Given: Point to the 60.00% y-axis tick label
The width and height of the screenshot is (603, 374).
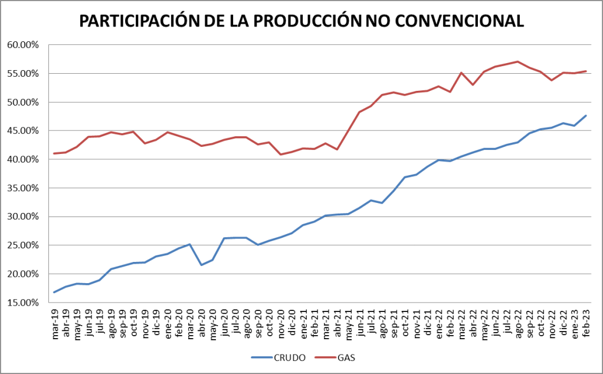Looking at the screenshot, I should (22, 45).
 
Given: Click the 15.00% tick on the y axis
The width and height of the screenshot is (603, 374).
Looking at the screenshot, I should (22, 303).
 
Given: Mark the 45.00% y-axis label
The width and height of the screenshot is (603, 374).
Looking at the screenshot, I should (22, 131).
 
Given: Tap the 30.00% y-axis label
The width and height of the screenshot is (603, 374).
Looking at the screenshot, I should (22, 216).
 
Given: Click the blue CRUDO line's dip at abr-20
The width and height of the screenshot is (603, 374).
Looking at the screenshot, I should (202, 265).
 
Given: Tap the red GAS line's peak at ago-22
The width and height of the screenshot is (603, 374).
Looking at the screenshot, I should (517, 61).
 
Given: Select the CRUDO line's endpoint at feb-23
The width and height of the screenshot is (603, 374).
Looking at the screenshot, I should (585, 116).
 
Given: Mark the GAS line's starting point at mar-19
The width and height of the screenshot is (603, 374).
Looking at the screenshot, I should (55, 153).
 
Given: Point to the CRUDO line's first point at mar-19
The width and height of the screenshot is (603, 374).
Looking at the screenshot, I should (55, 292).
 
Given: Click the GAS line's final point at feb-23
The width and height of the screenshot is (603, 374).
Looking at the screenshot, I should (585, 71).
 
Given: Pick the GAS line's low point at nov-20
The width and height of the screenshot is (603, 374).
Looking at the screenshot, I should (281, 155).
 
